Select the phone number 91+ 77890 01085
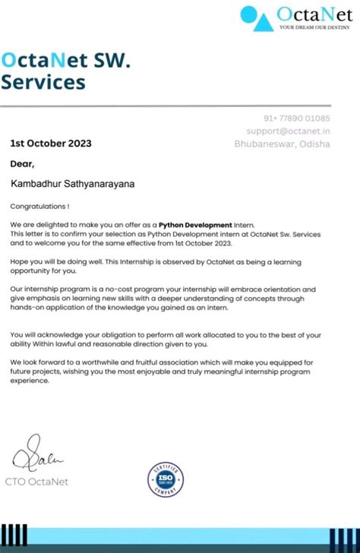click(297, 118)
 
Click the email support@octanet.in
click(289, 131)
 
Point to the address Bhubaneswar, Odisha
click(282, 144)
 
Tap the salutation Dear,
click(22, 163)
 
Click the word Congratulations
click(38, 206)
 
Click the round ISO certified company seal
click(166, 479)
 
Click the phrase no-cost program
click(127, 289)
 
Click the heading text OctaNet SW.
click(66, 58)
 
